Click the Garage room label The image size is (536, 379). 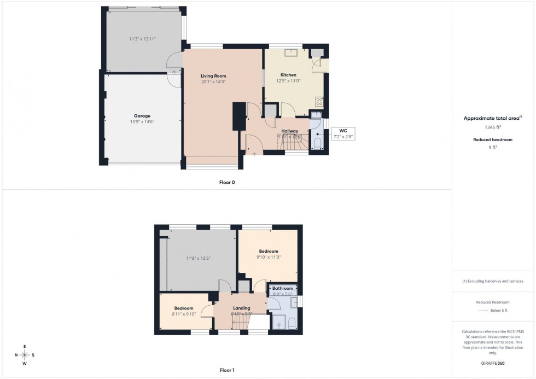(x=142, y=116)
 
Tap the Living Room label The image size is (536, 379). (x=213, y=76)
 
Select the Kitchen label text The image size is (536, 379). (x=288, y=75)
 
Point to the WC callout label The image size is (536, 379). (x=343, y=130)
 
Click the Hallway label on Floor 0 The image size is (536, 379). (x=290, y=131)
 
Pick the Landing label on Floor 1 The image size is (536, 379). (x=241, y=308)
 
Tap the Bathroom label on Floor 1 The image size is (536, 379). (x=283, y=288)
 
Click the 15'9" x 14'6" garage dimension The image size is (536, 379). (x=142, y=122)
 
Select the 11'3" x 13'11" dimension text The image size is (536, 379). (x=142, y=39)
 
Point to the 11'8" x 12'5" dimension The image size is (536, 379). (x=198, y=258)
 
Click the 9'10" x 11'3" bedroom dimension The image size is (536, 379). (x=269, y=258)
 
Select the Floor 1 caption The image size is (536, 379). (x=227, y=370)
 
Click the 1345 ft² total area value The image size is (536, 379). (x=493, y=127)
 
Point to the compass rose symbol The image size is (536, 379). (x=25, y=355)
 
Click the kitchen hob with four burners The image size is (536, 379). (x=319, y=101)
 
